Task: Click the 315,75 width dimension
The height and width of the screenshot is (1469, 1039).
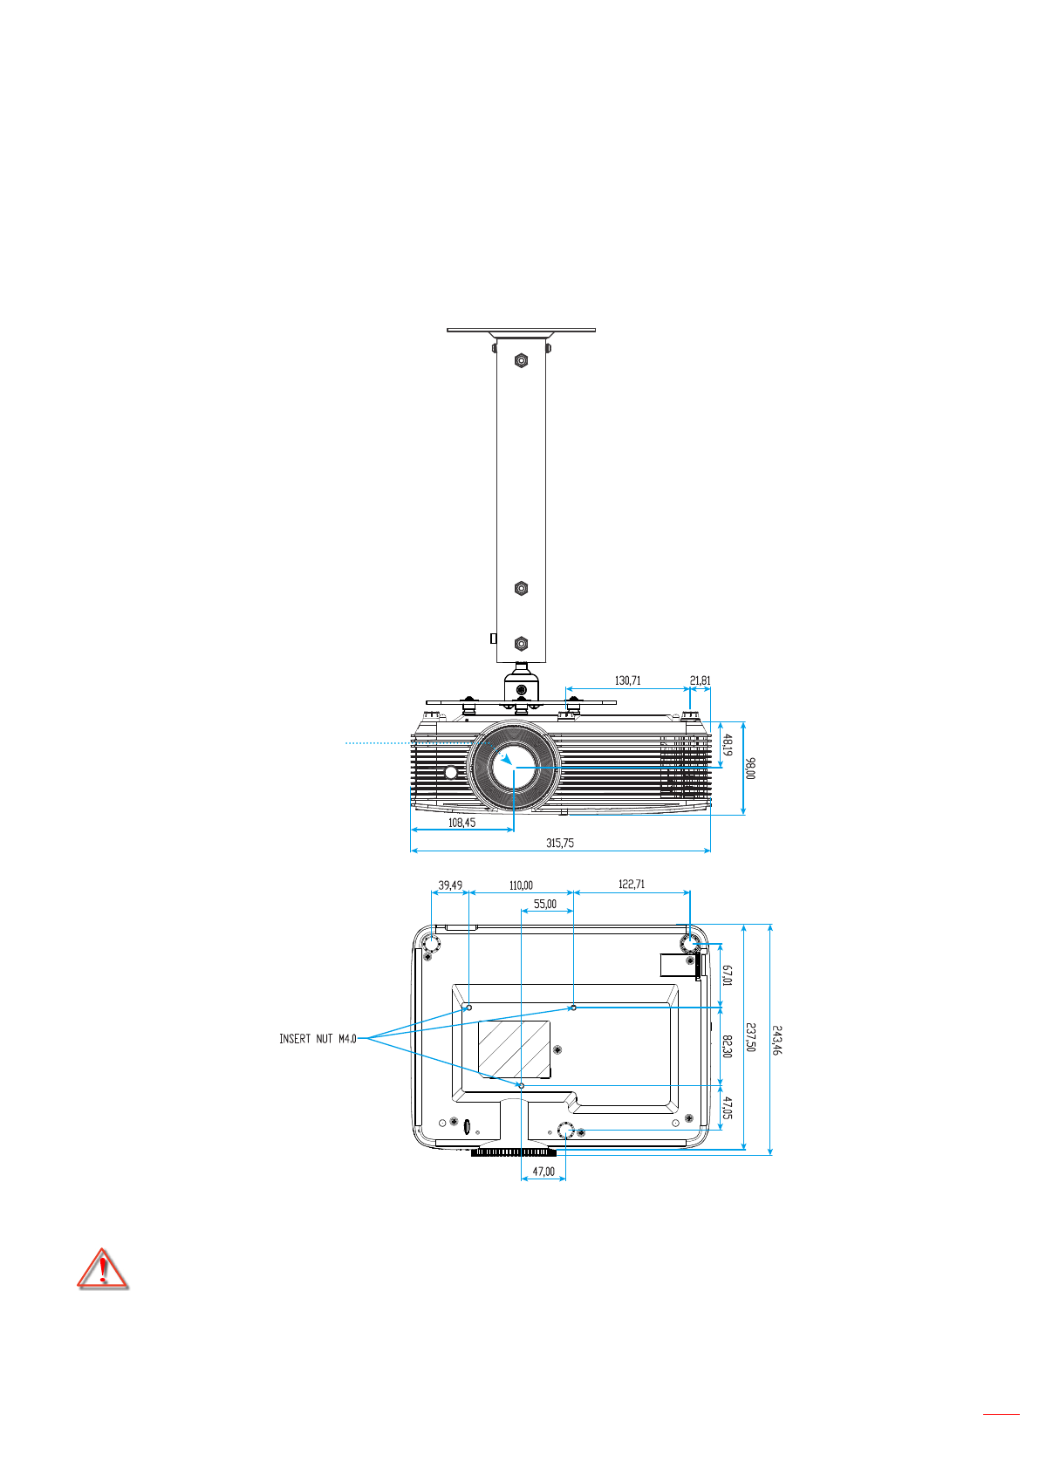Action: pyautogui.click(x=560, y=843)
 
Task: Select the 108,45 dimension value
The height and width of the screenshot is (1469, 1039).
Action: pyautogui.click(x=461, y=822)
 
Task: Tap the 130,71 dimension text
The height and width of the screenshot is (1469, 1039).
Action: pyautogui.click(x=627, y=680)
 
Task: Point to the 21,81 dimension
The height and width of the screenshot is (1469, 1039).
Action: pyautogui.click(x=700, y=680)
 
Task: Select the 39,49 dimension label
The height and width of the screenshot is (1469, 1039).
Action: pyautogui.click(x=450, y=885)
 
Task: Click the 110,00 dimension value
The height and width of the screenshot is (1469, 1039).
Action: pyautogui.click(x=521, y=885)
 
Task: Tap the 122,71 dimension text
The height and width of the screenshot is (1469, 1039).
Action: pyautogui.click(x=632, y=884)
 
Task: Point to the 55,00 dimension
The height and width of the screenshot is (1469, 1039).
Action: pyautogui.click(x=545, y=904)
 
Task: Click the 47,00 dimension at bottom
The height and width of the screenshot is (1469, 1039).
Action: pyautogui.click(x=543, y=1172)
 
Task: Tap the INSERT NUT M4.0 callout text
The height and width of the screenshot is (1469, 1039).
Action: pyautogui.click(x=318, y=1039)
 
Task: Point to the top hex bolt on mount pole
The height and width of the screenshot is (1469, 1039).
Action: pyautogui.click(x=521, y=359)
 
